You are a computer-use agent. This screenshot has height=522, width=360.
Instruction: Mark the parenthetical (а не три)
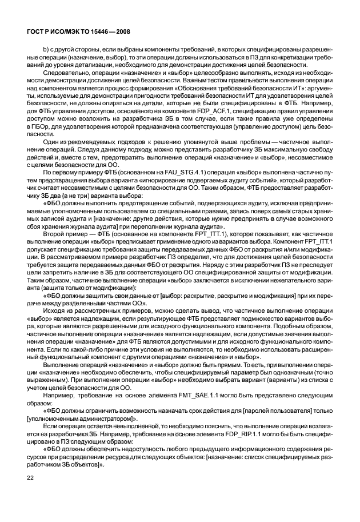(79, 192)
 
